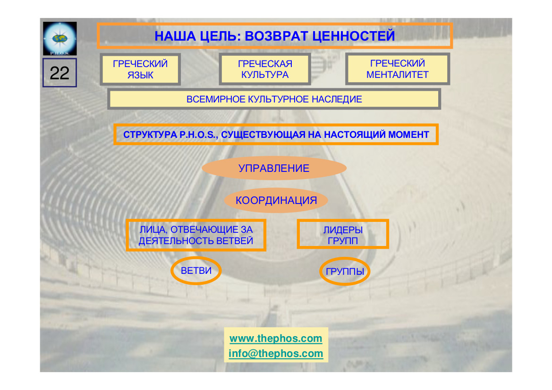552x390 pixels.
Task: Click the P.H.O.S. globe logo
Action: coord(59,38)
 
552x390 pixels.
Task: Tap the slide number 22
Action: coord(59,73)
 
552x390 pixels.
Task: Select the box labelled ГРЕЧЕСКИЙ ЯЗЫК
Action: coord(140,69)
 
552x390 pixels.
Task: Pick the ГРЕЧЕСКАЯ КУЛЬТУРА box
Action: coord(265,69)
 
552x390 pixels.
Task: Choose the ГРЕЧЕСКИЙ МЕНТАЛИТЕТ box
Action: coord(398,69)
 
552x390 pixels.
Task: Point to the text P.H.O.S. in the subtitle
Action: coord(198,135)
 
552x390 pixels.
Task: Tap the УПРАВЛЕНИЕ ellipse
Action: coord(274,169)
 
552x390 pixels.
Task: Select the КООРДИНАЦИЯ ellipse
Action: coord(276,201)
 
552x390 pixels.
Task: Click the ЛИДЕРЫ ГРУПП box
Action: coord(343,235)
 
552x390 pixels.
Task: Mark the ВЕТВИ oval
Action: coord(195,271)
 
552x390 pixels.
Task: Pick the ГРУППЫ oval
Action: coord(345,272)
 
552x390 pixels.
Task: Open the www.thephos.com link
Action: coord(276,339)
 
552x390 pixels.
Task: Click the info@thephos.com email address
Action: coord(276,354)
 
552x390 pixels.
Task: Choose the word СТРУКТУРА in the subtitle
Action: coord(150,135)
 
